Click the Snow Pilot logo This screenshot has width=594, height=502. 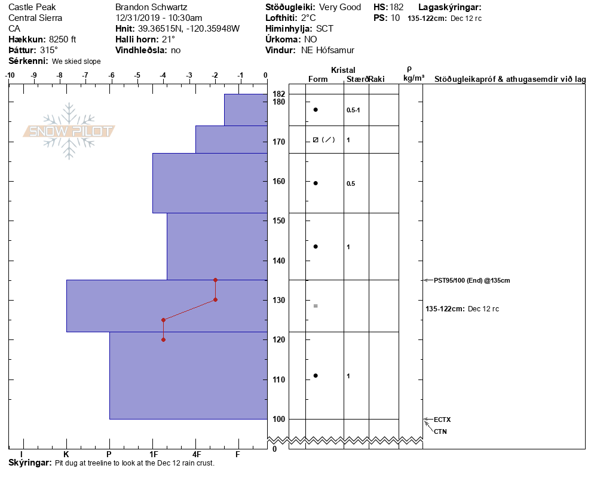click(69, 131)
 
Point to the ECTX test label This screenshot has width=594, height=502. click(442, 420)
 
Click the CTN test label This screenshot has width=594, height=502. click(440, 431)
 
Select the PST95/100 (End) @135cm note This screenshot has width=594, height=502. click(471, 280)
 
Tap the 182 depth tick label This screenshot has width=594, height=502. click(278, 94)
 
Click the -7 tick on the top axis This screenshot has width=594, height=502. click(85, 75)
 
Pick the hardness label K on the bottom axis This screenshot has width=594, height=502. click(66, 455)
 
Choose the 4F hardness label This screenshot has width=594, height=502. click(195, 455)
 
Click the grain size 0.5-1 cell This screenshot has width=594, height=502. click(353, 110)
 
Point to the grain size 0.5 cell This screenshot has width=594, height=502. click(351, 183)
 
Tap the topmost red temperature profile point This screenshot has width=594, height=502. click(215, 280)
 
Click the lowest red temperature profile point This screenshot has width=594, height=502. click(163, 339)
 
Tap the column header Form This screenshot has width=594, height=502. click(317, 79)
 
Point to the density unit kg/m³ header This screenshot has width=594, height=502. click(414, 78)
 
